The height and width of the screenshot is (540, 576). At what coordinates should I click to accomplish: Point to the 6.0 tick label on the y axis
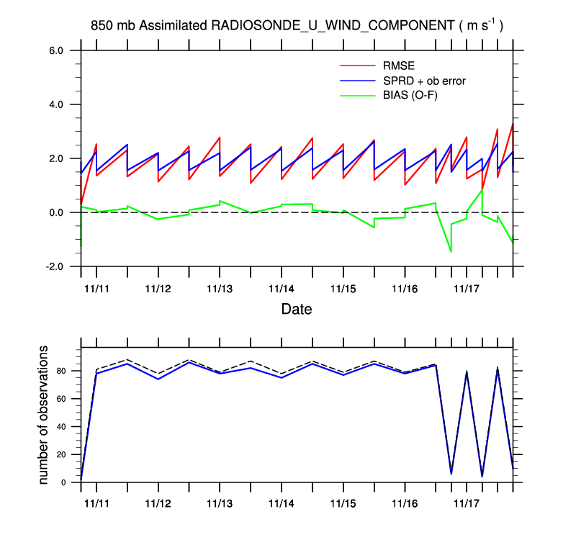tap(57, 51)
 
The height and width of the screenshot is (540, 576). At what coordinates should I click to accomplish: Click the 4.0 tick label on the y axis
tap(57, 105)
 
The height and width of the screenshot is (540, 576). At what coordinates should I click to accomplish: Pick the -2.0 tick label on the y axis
tap(55, 267)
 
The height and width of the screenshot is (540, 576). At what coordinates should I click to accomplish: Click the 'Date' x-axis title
tap(297, 310)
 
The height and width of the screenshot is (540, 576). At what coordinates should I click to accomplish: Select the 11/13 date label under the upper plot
tap(219, 288)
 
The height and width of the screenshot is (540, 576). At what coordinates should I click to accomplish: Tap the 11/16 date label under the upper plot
tap(405, 288)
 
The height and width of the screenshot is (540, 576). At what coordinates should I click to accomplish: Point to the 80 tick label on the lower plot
tap(62, 372)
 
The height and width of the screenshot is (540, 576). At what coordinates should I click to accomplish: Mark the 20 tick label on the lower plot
tap(62, 455)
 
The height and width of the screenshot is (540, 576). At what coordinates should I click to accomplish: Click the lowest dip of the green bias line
tap(451, 252)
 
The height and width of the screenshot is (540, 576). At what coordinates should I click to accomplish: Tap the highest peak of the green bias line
tap(482, 190)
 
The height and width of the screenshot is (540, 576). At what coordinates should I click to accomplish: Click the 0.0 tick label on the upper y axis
tap(57, 213)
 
